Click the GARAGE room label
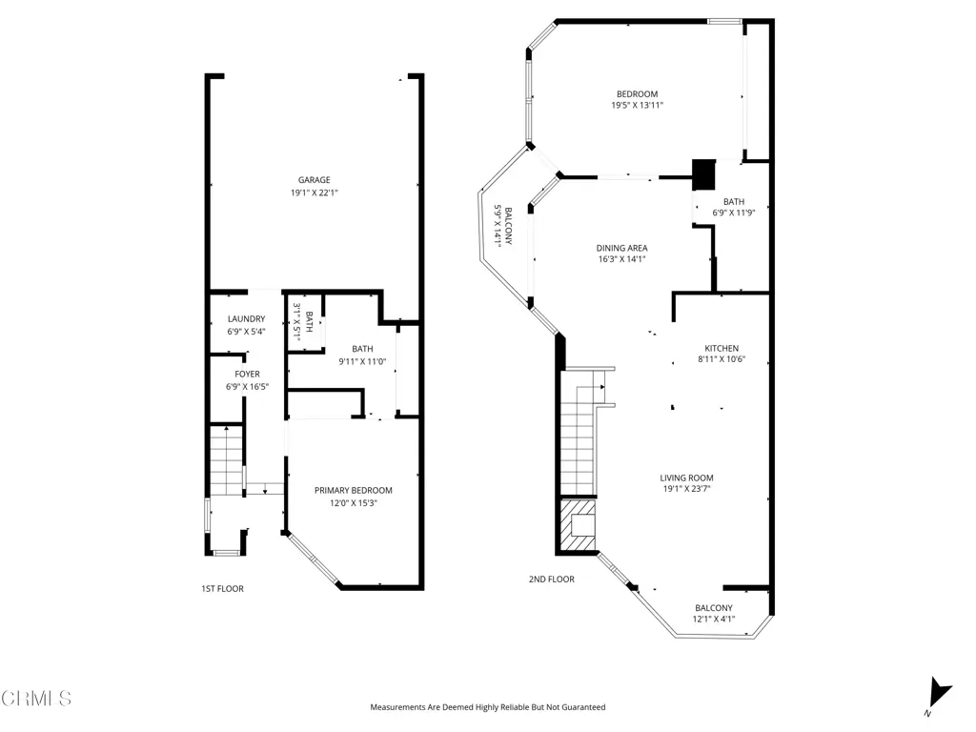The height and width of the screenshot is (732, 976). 314,180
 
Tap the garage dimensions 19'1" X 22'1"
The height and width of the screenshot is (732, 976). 314,193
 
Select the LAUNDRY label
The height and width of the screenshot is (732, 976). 247,318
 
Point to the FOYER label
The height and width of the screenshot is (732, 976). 247,374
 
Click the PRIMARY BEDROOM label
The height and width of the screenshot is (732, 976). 354,491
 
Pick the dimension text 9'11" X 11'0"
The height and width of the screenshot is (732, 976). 362,361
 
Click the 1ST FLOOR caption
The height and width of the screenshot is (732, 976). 222,589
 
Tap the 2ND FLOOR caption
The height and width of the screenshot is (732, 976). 552,579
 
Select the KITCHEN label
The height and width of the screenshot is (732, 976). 722,349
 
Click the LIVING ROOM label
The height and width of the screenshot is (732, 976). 686,478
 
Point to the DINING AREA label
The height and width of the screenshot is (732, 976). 621,249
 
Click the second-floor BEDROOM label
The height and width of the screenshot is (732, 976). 637,94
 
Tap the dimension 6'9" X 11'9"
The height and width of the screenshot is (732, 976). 734,213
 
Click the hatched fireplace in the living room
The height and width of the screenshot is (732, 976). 578,526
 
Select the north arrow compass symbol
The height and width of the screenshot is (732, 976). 939,693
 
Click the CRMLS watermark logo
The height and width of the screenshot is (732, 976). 36,699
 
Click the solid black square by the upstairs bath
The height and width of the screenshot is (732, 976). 704,174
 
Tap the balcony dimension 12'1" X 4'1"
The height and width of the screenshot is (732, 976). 713,620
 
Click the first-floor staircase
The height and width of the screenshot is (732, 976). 225,460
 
